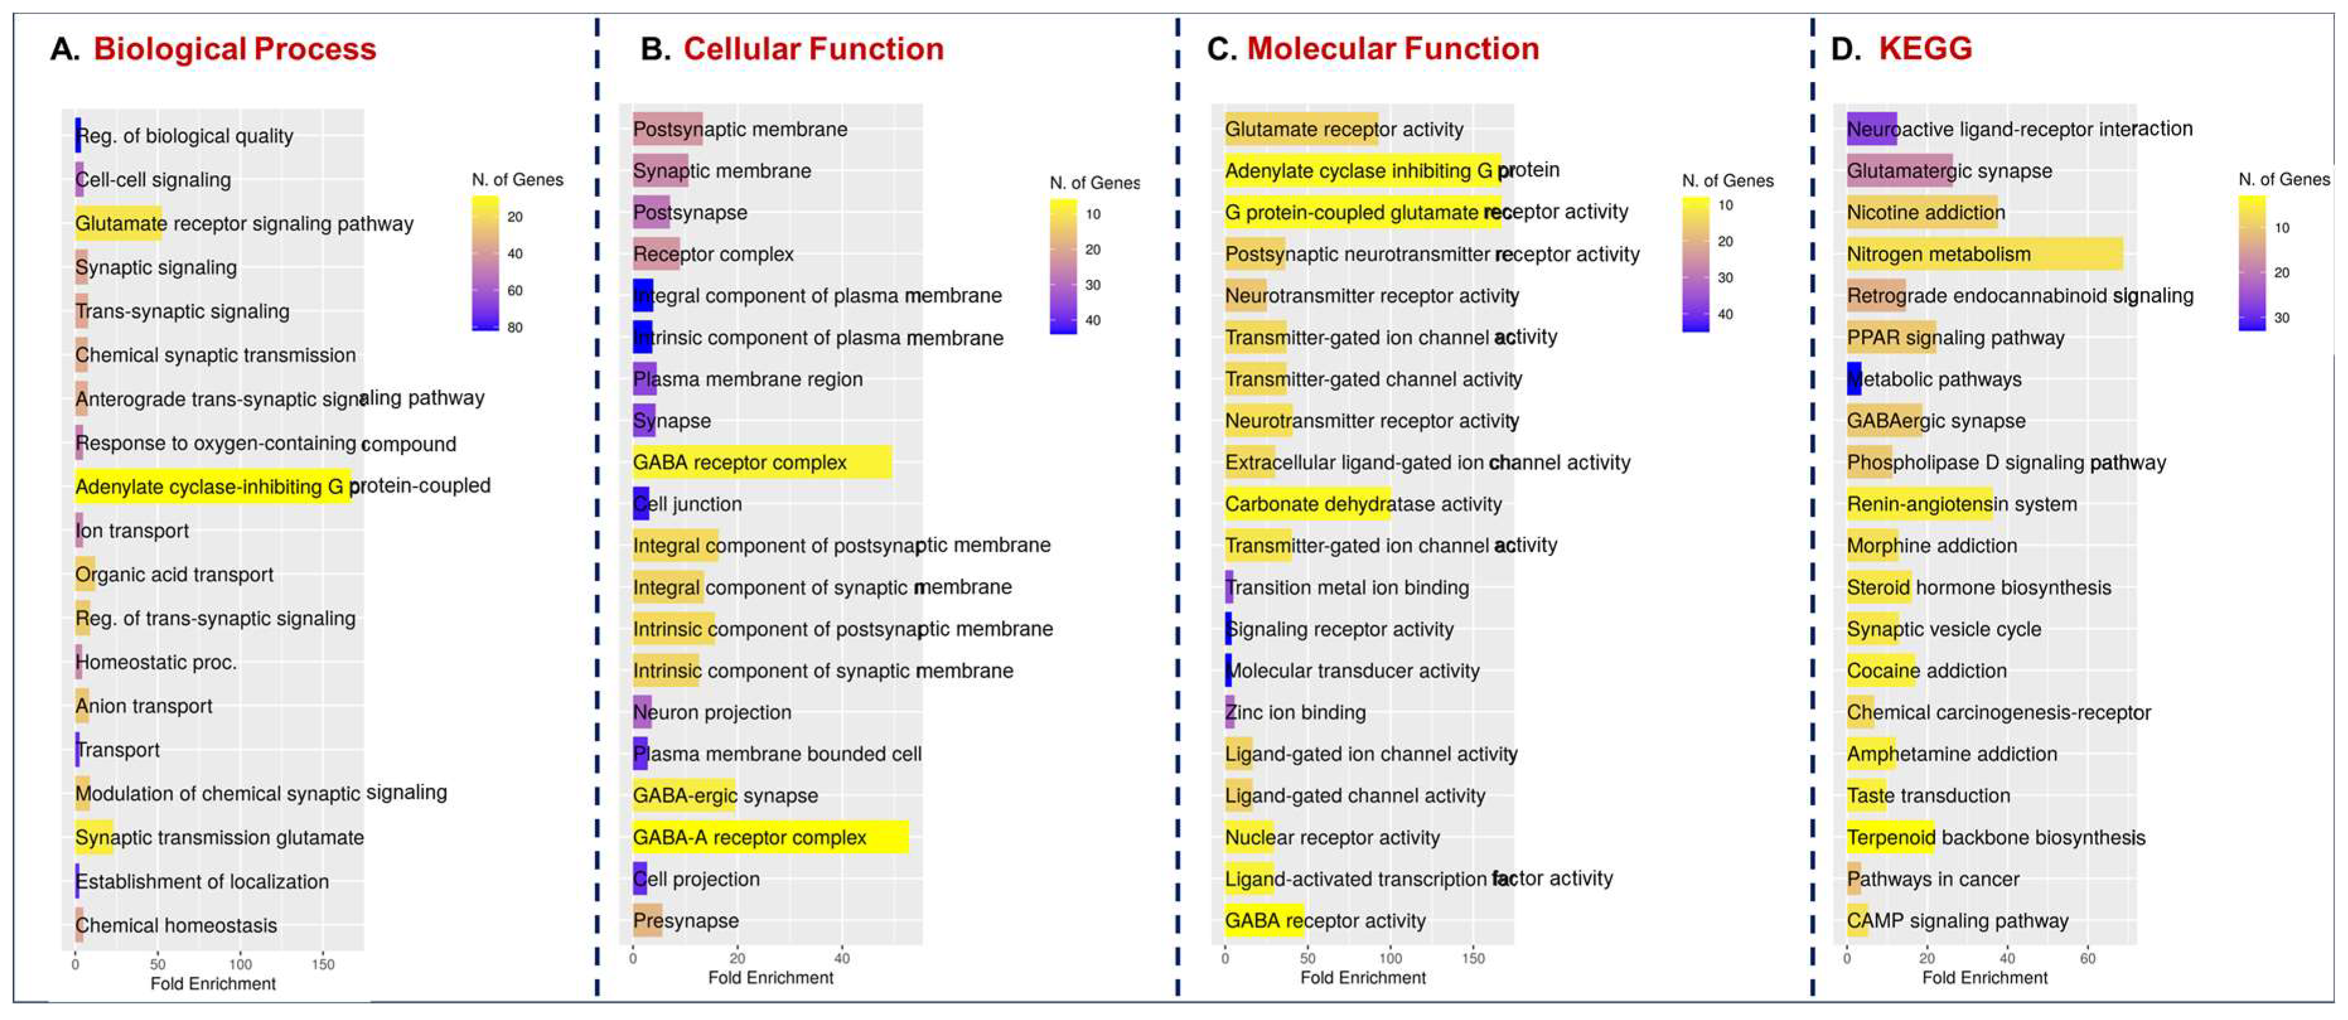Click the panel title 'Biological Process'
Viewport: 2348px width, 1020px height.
point(234,49)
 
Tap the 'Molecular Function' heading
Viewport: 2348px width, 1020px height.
point(1392,49)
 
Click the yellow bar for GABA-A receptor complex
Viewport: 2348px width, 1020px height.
point(770,837)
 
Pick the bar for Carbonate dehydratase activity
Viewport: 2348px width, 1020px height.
point(1307,504)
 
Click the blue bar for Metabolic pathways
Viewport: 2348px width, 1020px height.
point(1853,379)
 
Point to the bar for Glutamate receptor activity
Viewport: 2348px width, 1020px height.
point(1301,129)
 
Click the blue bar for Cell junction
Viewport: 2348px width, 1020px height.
point(641,504)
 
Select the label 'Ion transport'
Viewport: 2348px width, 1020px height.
point(133,530)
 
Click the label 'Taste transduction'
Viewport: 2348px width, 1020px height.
point(1928,796)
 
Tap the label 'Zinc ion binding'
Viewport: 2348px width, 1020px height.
point(1295,713)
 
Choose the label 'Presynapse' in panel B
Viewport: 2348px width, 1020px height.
point(686,920)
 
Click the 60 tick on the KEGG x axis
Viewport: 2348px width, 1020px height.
point(2087,958)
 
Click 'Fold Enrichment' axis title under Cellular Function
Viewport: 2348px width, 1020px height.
point(770,978)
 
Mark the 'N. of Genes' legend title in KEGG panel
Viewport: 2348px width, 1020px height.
point(2283,180)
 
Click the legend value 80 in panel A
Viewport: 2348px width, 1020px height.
point(515,327)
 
